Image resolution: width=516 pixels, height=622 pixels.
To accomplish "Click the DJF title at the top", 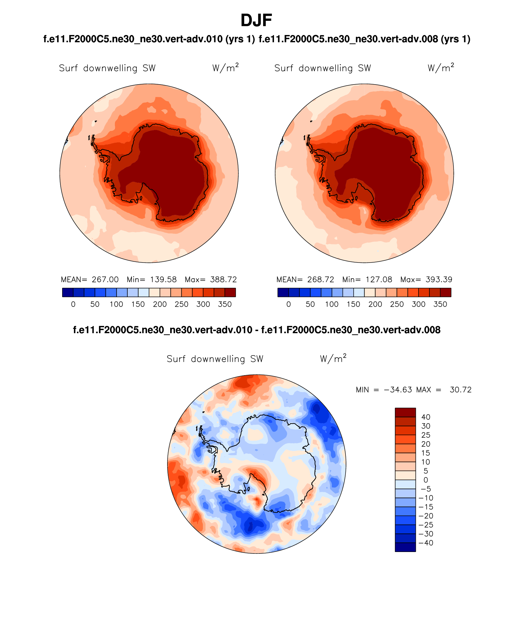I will tap(256, 21).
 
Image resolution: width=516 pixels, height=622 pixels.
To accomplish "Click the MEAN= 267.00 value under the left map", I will tap(90, 279).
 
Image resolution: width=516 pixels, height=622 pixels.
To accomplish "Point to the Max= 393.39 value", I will tap(426, 279).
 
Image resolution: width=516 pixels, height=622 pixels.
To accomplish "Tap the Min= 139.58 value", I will tap(151, 279).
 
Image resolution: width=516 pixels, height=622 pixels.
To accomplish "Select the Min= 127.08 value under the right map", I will tap(367, 279).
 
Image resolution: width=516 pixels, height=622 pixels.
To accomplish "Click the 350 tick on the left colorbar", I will tap(225, 304).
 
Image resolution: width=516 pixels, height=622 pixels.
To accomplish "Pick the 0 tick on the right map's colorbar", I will tap(288, 304).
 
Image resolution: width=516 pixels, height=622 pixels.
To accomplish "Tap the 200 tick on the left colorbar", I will tap(160, 304).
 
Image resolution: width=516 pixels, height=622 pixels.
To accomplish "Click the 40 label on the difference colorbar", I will tap(426, 417).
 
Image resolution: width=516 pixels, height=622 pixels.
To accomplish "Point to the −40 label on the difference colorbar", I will tap(426, 543).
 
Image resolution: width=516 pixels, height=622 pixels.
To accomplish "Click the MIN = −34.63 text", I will tap(384, 390).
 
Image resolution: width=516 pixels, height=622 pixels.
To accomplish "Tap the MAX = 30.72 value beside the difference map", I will tap(444, 390).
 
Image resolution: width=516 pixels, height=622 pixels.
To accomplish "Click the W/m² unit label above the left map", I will tap(225, 68).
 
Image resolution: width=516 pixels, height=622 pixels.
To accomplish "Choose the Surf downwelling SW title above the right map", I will tap(323, 68).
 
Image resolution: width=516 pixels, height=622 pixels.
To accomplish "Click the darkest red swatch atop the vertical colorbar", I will tap(405, 412).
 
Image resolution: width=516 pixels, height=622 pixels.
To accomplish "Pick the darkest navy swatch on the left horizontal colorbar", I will tap(68, 292).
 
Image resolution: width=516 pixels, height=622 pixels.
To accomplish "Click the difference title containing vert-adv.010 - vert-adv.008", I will tap(256, 330).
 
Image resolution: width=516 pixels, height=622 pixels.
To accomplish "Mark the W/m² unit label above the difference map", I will tap(333, 359).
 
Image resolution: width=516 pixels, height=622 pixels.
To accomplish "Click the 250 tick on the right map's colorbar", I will tap(397, 304).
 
